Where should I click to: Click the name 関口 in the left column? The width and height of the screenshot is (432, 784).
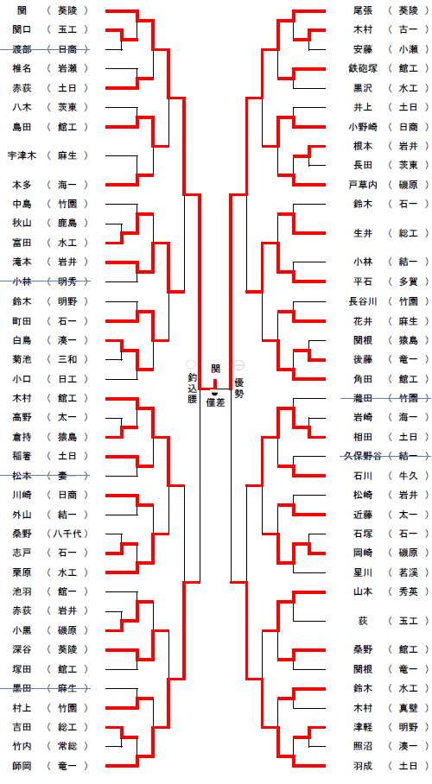pos(22,29)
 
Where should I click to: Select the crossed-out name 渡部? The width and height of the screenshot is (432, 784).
pos(22,49)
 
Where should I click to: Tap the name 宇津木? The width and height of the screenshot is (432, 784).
pos(22,155)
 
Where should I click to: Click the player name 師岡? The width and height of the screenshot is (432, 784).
pos(22,766)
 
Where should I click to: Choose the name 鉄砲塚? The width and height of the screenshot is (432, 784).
pos(363,68)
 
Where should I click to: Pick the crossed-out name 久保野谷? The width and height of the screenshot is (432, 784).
pos(363,456)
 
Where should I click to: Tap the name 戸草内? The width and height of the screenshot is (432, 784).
pos(363,185)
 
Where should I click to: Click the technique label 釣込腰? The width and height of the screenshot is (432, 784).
pos(192,388)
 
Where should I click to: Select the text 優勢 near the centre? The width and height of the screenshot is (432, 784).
pos(239,388)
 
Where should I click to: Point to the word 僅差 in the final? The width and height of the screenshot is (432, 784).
pos(216,402)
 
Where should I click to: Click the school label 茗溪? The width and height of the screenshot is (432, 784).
pos(408,572)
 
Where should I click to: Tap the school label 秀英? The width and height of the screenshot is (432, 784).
pos(408,591)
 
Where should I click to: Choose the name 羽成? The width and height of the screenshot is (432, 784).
pos(363,766)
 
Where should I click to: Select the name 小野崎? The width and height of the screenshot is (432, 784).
pos(363,127)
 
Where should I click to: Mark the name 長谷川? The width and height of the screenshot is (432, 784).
pos(363,301)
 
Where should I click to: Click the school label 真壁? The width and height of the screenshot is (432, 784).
pos(408,707)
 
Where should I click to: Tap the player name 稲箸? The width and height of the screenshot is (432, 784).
pos(22,456)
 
